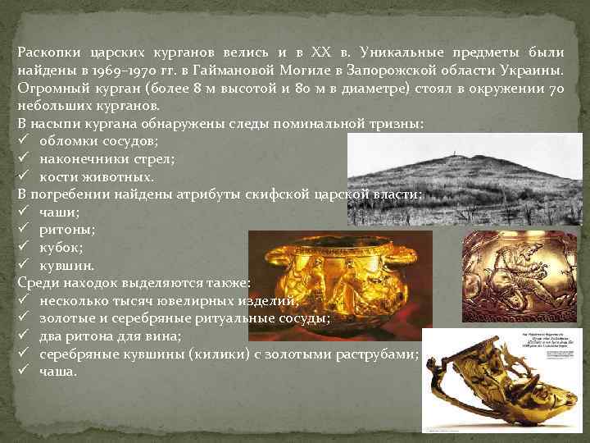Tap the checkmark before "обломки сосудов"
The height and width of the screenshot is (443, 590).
click(24, 141)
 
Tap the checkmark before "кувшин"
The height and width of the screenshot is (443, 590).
click(24, 265)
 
